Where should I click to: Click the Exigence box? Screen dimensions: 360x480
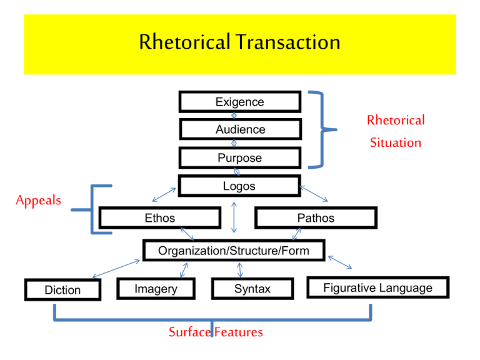pyautogui.click(x=239, y=102)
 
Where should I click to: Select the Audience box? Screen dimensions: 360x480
pyautogui.click(x=240, y=129)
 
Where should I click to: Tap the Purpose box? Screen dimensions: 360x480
pyautogui.click(x=239, y=158)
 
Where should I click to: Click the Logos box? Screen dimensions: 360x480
pyautogui.click(x=239, y=186)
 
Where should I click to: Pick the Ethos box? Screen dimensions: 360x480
pyautogui.click(x=160, y=218)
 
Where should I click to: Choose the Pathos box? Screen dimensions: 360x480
pyautogui.click(x=316, y=218)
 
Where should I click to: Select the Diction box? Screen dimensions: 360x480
pyautogui.click(x=62, y=290)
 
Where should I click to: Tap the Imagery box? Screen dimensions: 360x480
pyautogui.click(x=156, y=289)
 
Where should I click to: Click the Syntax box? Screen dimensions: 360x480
pyautogui.click(x=252, y=289)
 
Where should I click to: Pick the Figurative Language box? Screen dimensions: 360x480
pyautogui.click(x=377, y=287)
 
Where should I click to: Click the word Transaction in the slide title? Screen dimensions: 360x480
pyautogui.click(x=289, y=42)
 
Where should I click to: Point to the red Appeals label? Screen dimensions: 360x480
pyautogui.click(x=39, y=201)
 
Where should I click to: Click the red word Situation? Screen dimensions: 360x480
pyautogui.click(x=395, y=142)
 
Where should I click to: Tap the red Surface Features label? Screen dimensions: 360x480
pyautogui.click(x=216, y=332)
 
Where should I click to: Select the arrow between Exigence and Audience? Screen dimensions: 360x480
pyautogui.click(x=234, y=116)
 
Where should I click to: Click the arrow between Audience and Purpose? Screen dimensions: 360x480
pyautogui.click(x=234, y=143)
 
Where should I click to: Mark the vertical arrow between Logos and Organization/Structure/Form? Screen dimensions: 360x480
pyautogui.click(x=234, y=217)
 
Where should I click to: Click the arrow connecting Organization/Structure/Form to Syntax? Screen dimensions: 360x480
pyautogui.click(x=240, y=270)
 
